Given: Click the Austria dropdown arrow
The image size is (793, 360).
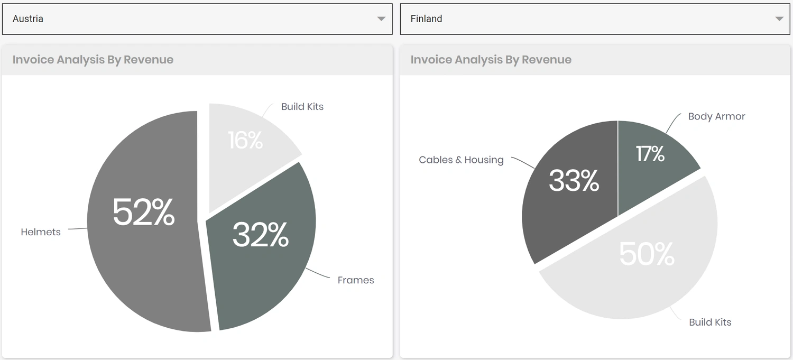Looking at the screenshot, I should (x=381, y=19).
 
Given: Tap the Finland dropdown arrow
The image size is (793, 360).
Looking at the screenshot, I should (x=779, y=19).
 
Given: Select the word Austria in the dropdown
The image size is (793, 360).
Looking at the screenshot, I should (x=28, y=19).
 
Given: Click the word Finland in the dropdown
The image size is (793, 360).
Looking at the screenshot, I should (x=426, y=19).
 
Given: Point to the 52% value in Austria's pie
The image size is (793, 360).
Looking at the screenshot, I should (x=143, y=212).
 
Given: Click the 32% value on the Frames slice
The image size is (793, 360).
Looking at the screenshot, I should (x=261, y=235).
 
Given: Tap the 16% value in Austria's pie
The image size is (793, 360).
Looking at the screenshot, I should (x=245, y=140).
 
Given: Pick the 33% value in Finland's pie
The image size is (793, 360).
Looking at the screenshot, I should (x=574, y=180).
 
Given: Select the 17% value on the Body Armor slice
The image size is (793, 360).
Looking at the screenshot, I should (x=650, y=154).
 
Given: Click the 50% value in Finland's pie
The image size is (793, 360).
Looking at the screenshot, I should (x=647, y=254).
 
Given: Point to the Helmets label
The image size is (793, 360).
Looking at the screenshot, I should (x=41, y=232).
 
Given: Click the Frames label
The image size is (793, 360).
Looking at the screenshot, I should (x=356, y=280).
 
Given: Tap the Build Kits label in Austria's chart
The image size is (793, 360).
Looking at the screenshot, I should (x=302, y=107).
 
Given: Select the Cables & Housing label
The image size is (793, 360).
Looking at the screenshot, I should (x=461, y=160).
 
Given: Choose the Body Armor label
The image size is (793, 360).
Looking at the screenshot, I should (x=716, y=117).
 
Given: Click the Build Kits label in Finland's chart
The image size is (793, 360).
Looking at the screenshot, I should (x=710, y=322).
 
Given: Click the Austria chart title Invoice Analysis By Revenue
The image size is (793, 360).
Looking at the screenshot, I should (x=93, y=60).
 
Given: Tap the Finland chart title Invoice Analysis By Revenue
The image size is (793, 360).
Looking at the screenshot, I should (x=491, y=60).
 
